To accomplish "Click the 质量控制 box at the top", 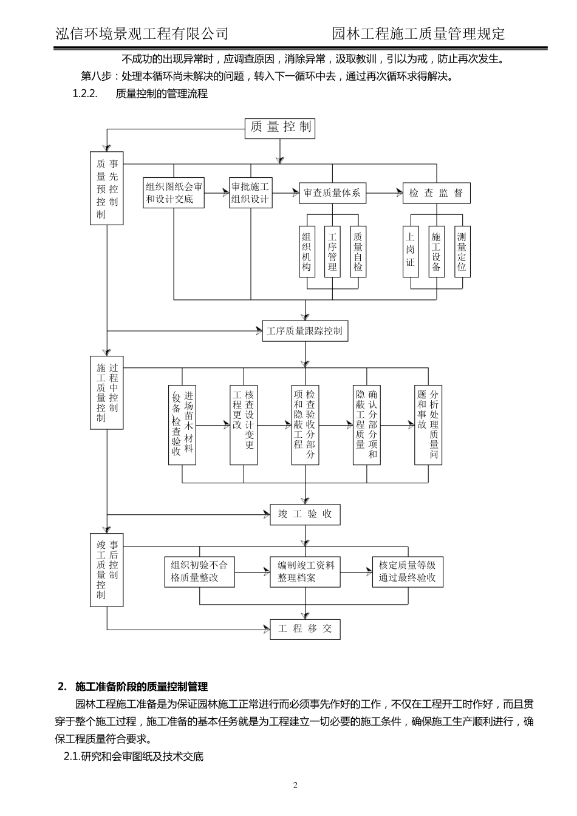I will (280, 127).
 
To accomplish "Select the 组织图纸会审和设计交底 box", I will (174, 193).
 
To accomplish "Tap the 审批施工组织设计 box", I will (250, 193).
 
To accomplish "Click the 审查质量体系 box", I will (332, 193).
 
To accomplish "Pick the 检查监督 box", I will (436, 193).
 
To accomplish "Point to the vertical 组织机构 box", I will (307, 251).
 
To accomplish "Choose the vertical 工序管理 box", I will (332, 251).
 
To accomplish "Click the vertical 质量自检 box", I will (358, 251).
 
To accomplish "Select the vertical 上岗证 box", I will (411, 251).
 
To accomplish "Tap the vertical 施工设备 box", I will (436, 251).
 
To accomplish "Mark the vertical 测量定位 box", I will (462, 251).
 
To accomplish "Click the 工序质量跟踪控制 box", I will (305, 331).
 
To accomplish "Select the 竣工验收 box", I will (305, 514).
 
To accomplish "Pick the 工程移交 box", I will (305, 629).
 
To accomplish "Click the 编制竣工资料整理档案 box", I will (305, 572).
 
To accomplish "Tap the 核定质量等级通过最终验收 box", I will (408, 572).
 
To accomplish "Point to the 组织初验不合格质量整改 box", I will (199, 572).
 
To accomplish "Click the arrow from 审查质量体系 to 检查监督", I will (384, 193).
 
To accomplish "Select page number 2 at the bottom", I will (296, 786).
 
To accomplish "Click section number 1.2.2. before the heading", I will (85, 93).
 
